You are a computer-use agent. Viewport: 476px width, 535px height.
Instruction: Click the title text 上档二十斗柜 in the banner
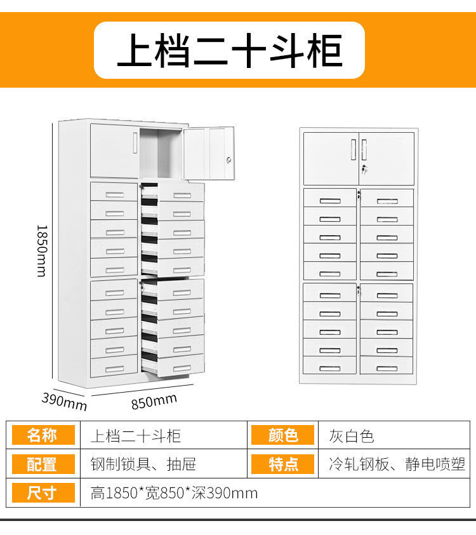[x=229, y=51]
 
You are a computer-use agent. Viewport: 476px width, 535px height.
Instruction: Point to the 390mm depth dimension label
[x=64, y=401]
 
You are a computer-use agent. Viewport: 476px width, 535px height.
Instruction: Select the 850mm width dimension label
[x=154, y=401]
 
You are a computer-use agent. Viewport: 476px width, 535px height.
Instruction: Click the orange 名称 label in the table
[x=43, y=435]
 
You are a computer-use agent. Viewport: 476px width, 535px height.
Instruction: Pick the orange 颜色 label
[x=283, y=435]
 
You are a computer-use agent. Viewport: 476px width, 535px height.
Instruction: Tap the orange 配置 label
[x=43, y=464]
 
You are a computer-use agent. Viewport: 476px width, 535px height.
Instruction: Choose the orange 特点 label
[x=283, y=464]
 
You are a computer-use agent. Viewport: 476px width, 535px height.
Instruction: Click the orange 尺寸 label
[x=43, y=492]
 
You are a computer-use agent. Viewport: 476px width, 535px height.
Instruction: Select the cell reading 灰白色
[x=351, y=436]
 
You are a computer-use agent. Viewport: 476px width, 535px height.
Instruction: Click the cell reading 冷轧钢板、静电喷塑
[x=397, y=464]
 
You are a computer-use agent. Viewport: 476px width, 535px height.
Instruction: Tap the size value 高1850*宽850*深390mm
[x=174, y=493]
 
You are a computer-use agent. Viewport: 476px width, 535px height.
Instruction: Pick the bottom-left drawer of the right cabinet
[x=329, y=368]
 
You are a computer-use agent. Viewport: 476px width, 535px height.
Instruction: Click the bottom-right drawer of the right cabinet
[x=387, y=368]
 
